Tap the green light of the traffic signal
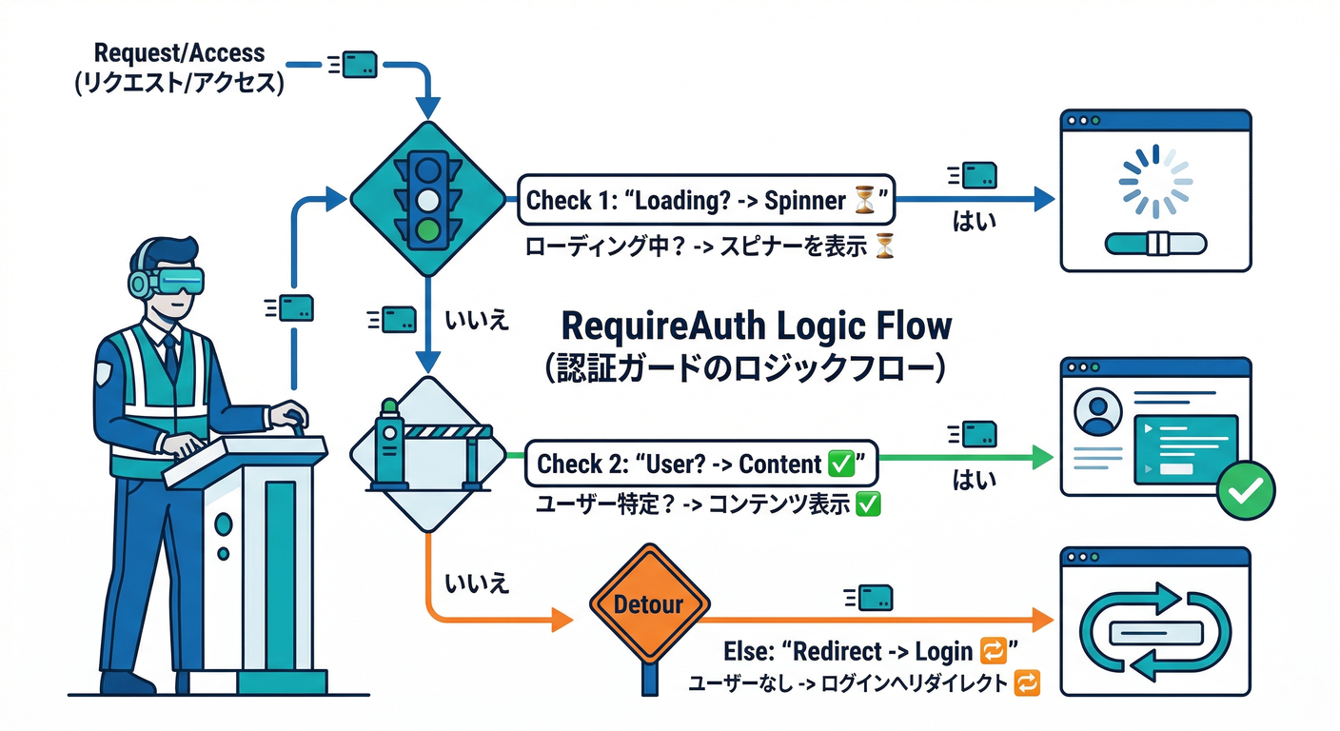click(429, 229)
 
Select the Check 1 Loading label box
click(705, 201)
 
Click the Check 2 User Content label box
click(700, 464)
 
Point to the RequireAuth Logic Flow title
click(756, 326)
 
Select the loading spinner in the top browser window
click(1155, 181)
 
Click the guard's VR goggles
click(178, 281)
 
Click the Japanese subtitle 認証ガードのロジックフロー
click(745, 366)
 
